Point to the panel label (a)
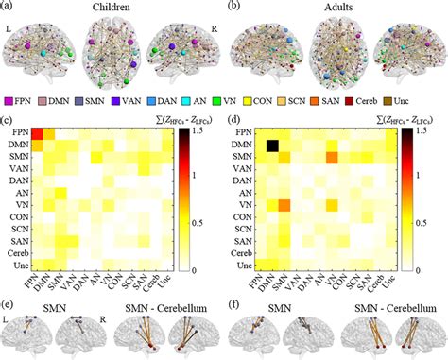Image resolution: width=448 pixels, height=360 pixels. (x=9, y=7)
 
